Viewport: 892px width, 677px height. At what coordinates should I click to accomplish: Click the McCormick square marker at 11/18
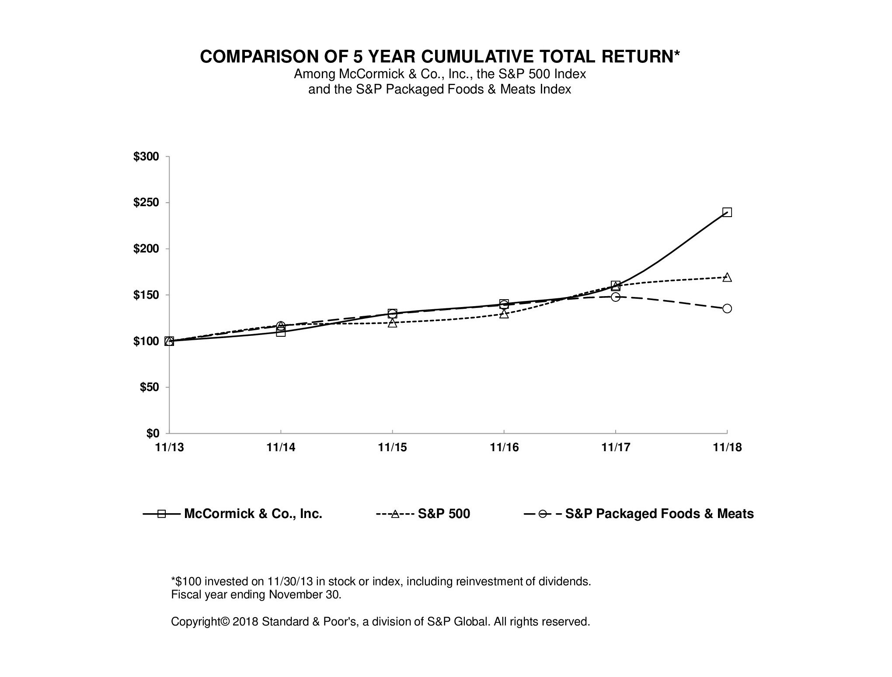coord(727,212)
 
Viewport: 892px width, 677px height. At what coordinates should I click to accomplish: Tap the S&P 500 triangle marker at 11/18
coord(727,277)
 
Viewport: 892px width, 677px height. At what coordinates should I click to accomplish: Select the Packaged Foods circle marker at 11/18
coord(727,308)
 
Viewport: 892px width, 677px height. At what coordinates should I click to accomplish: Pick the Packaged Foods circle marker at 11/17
coord(615,297)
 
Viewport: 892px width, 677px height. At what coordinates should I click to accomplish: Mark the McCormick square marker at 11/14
coord(281,332)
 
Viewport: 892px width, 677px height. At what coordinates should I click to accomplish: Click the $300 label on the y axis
coord(146,156)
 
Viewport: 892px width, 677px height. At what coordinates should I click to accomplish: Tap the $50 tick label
coord(149,387)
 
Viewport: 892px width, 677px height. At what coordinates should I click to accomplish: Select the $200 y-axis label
coord(146,249)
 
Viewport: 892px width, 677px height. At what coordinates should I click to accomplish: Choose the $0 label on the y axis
coord(152,433)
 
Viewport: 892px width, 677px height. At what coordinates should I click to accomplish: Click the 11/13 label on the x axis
coord(170,447)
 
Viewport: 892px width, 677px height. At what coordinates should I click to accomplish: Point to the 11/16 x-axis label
coord(504,447)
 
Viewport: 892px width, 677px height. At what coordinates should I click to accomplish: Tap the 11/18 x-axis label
coord(727,447)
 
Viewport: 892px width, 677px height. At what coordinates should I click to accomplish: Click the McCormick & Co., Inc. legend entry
coord(253,514)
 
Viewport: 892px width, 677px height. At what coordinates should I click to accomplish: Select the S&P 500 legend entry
coord(443,514)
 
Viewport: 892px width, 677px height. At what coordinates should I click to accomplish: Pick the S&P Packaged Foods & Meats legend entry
coord(659,514)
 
